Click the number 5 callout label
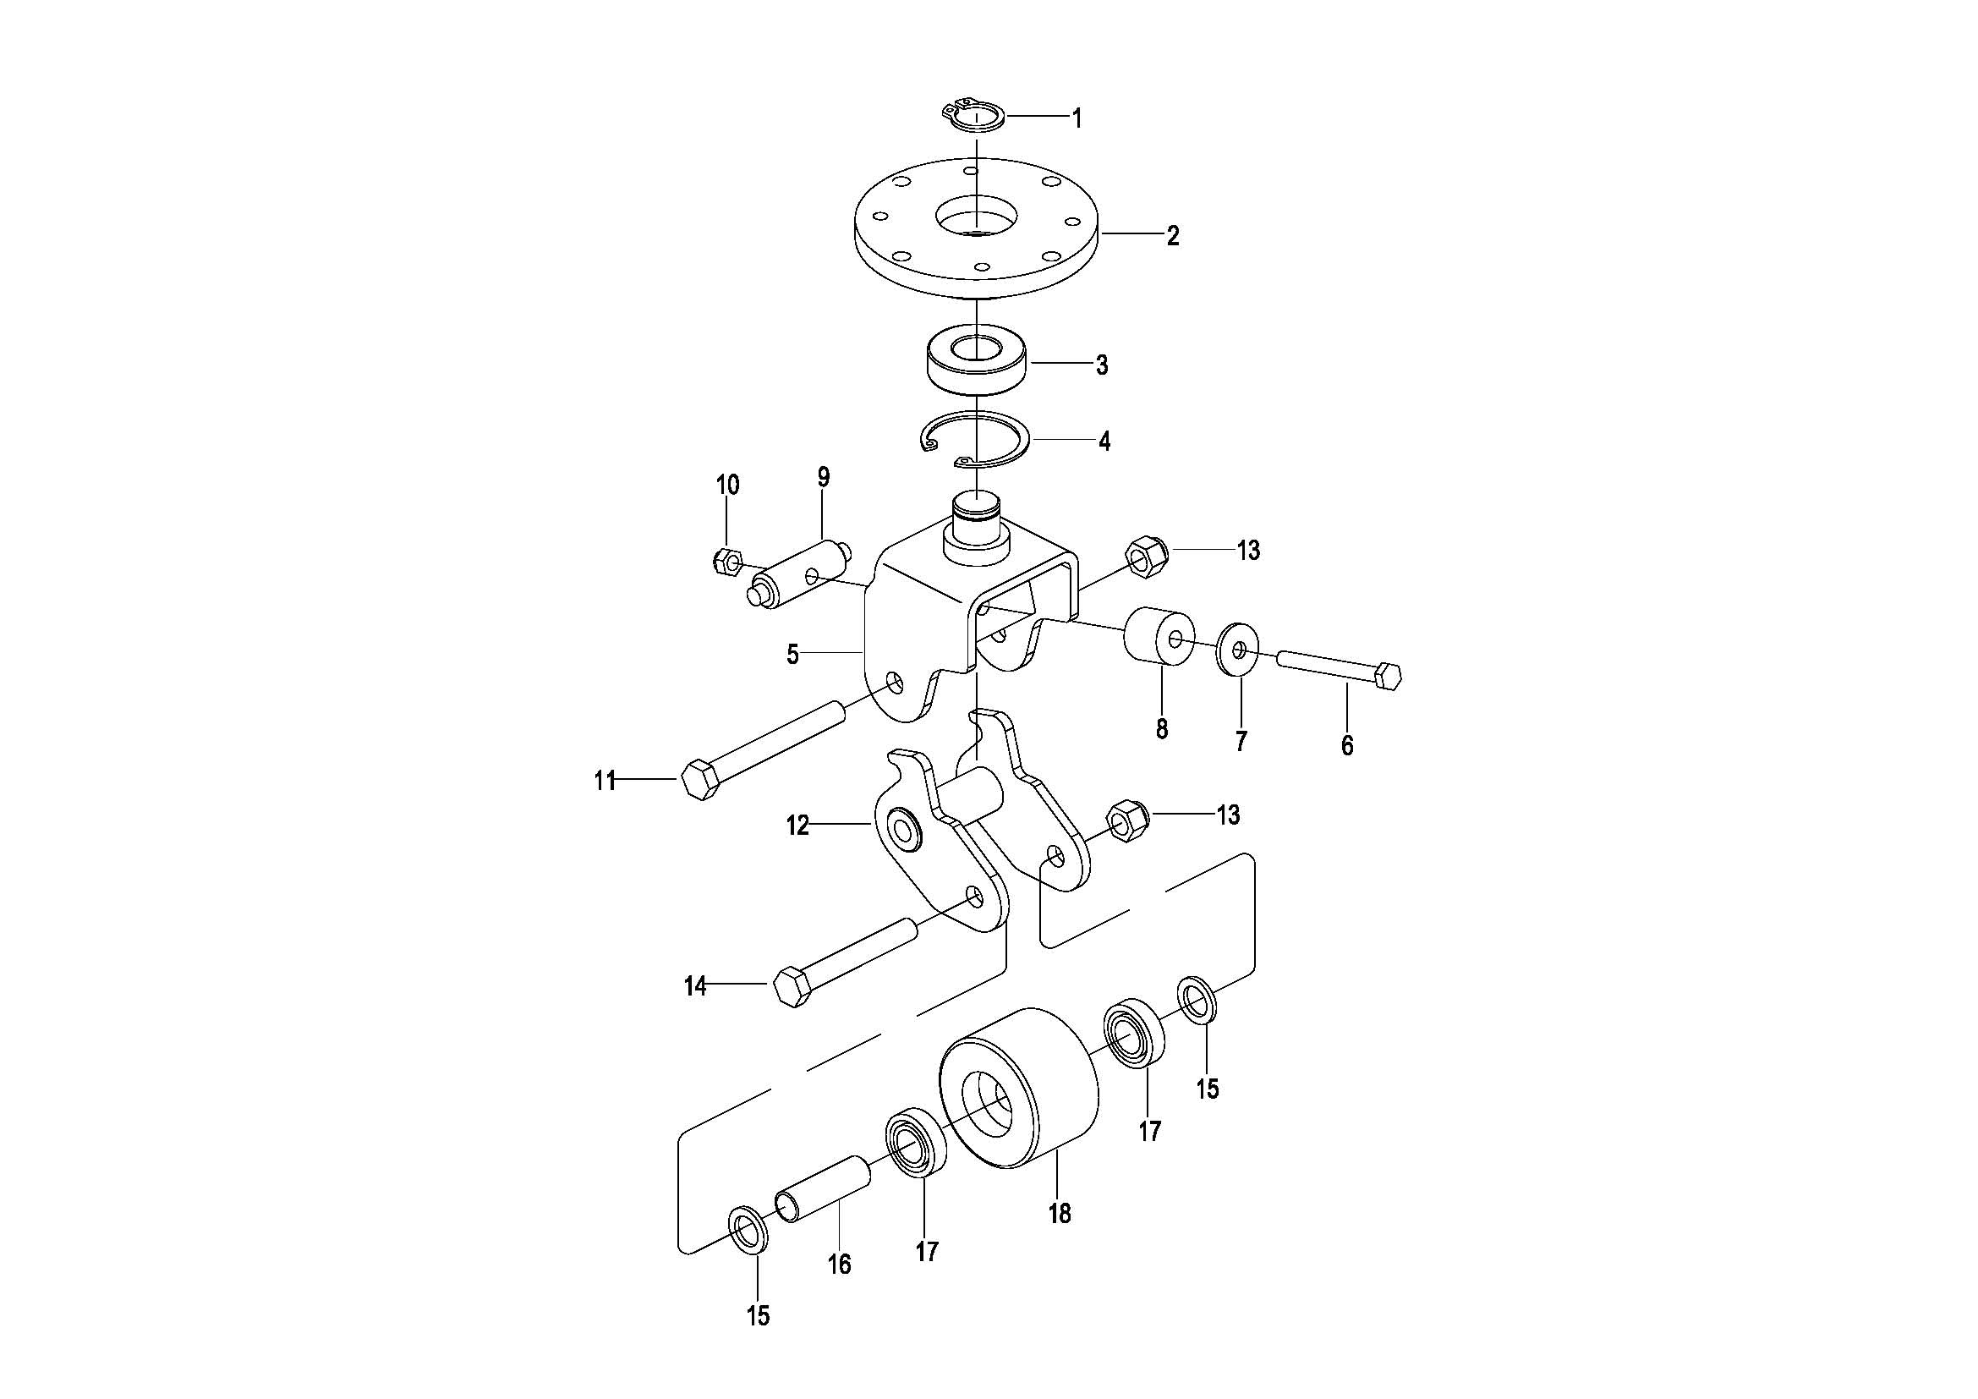[x=792, y=655]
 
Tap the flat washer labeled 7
[x=1239, y=647]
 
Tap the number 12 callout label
[x=797, y=826]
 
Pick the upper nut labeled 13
[x=1145, y=557]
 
